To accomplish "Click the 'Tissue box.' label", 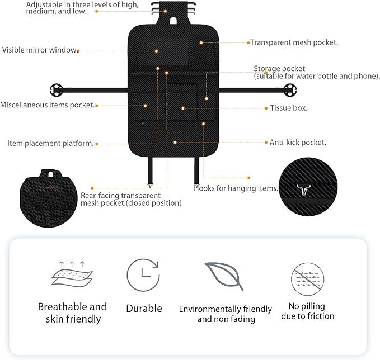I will pos(289,108).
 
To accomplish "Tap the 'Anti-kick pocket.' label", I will pos(298,143).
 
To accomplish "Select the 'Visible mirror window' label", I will pos(39,50).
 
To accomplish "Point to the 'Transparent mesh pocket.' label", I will pos(294,42).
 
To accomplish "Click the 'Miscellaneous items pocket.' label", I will pos(47,105).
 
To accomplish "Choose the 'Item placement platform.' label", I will pos(50,143).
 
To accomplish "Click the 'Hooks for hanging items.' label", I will pos(236,188).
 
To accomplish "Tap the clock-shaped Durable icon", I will pos(143,275).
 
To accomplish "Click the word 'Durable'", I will pos(144,309).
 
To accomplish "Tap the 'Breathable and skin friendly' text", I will pos(72,313).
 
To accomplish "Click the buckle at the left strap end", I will pos(55,89).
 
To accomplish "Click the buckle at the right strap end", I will pos(289,89).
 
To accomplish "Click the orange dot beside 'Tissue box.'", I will pos(265,108).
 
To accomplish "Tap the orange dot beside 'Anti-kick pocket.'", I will pos(265,143).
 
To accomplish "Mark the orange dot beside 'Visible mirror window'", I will pos(78,51).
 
